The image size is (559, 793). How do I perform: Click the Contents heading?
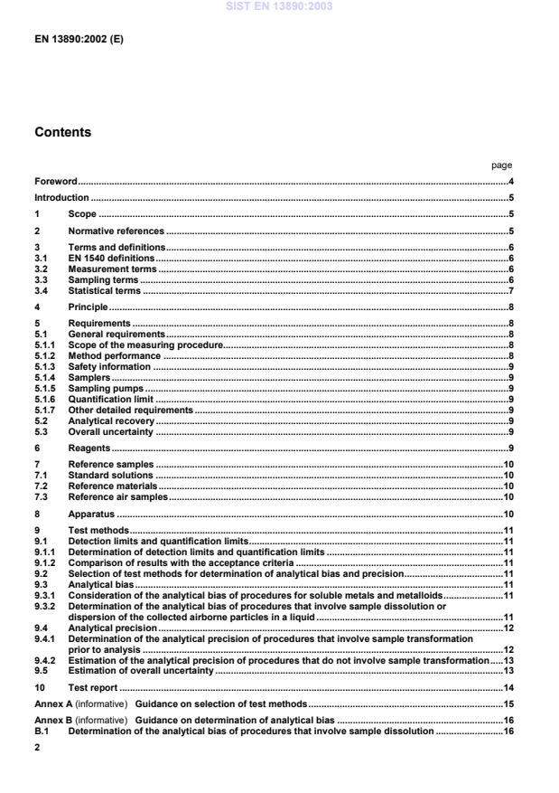click(62, 132)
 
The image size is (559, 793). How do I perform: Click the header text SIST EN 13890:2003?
click(279, 6)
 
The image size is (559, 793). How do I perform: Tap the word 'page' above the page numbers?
click(501, 165)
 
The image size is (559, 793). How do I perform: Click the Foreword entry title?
click(56, 182)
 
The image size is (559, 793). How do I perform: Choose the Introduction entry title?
click(61, 198)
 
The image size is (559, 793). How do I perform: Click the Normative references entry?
click(115, 231)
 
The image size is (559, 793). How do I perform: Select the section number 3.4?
click(41, 290)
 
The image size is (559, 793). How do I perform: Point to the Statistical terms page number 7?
click(510, 290)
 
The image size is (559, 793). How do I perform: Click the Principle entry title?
click(88, 307)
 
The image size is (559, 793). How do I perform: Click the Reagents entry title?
click(89, 448)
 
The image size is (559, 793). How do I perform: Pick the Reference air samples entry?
click(118, 496)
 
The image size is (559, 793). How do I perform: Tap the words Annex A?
click(52, 703)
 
